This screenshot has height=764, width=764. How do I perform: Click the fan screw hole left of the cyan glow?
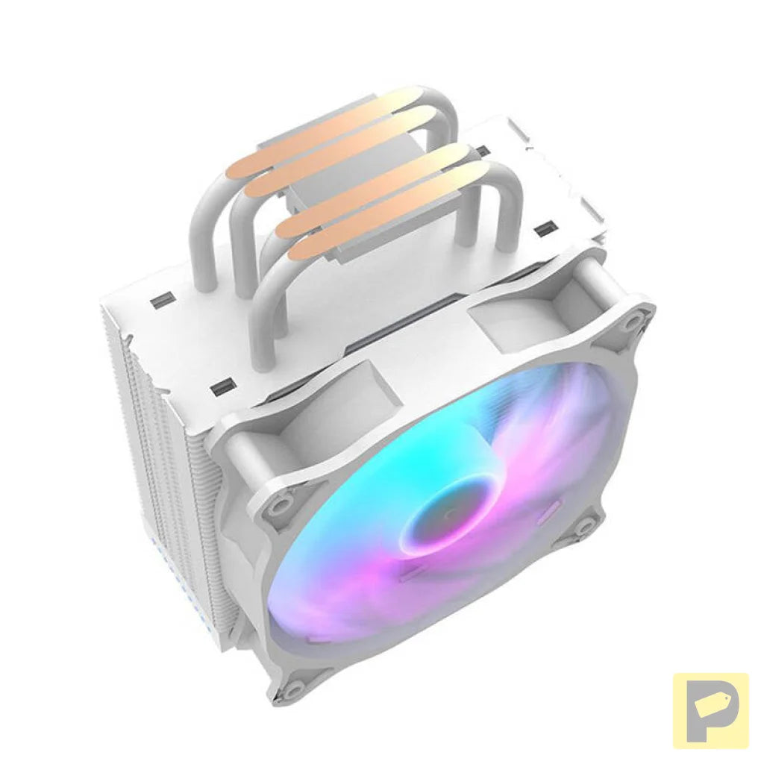click(x=277, y=505)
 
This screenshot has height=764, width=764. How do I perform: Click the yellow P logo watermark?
click(x=710, y=710)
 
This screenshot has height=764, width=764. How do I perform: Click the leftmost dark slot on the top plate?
click(x=160, y=302)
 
